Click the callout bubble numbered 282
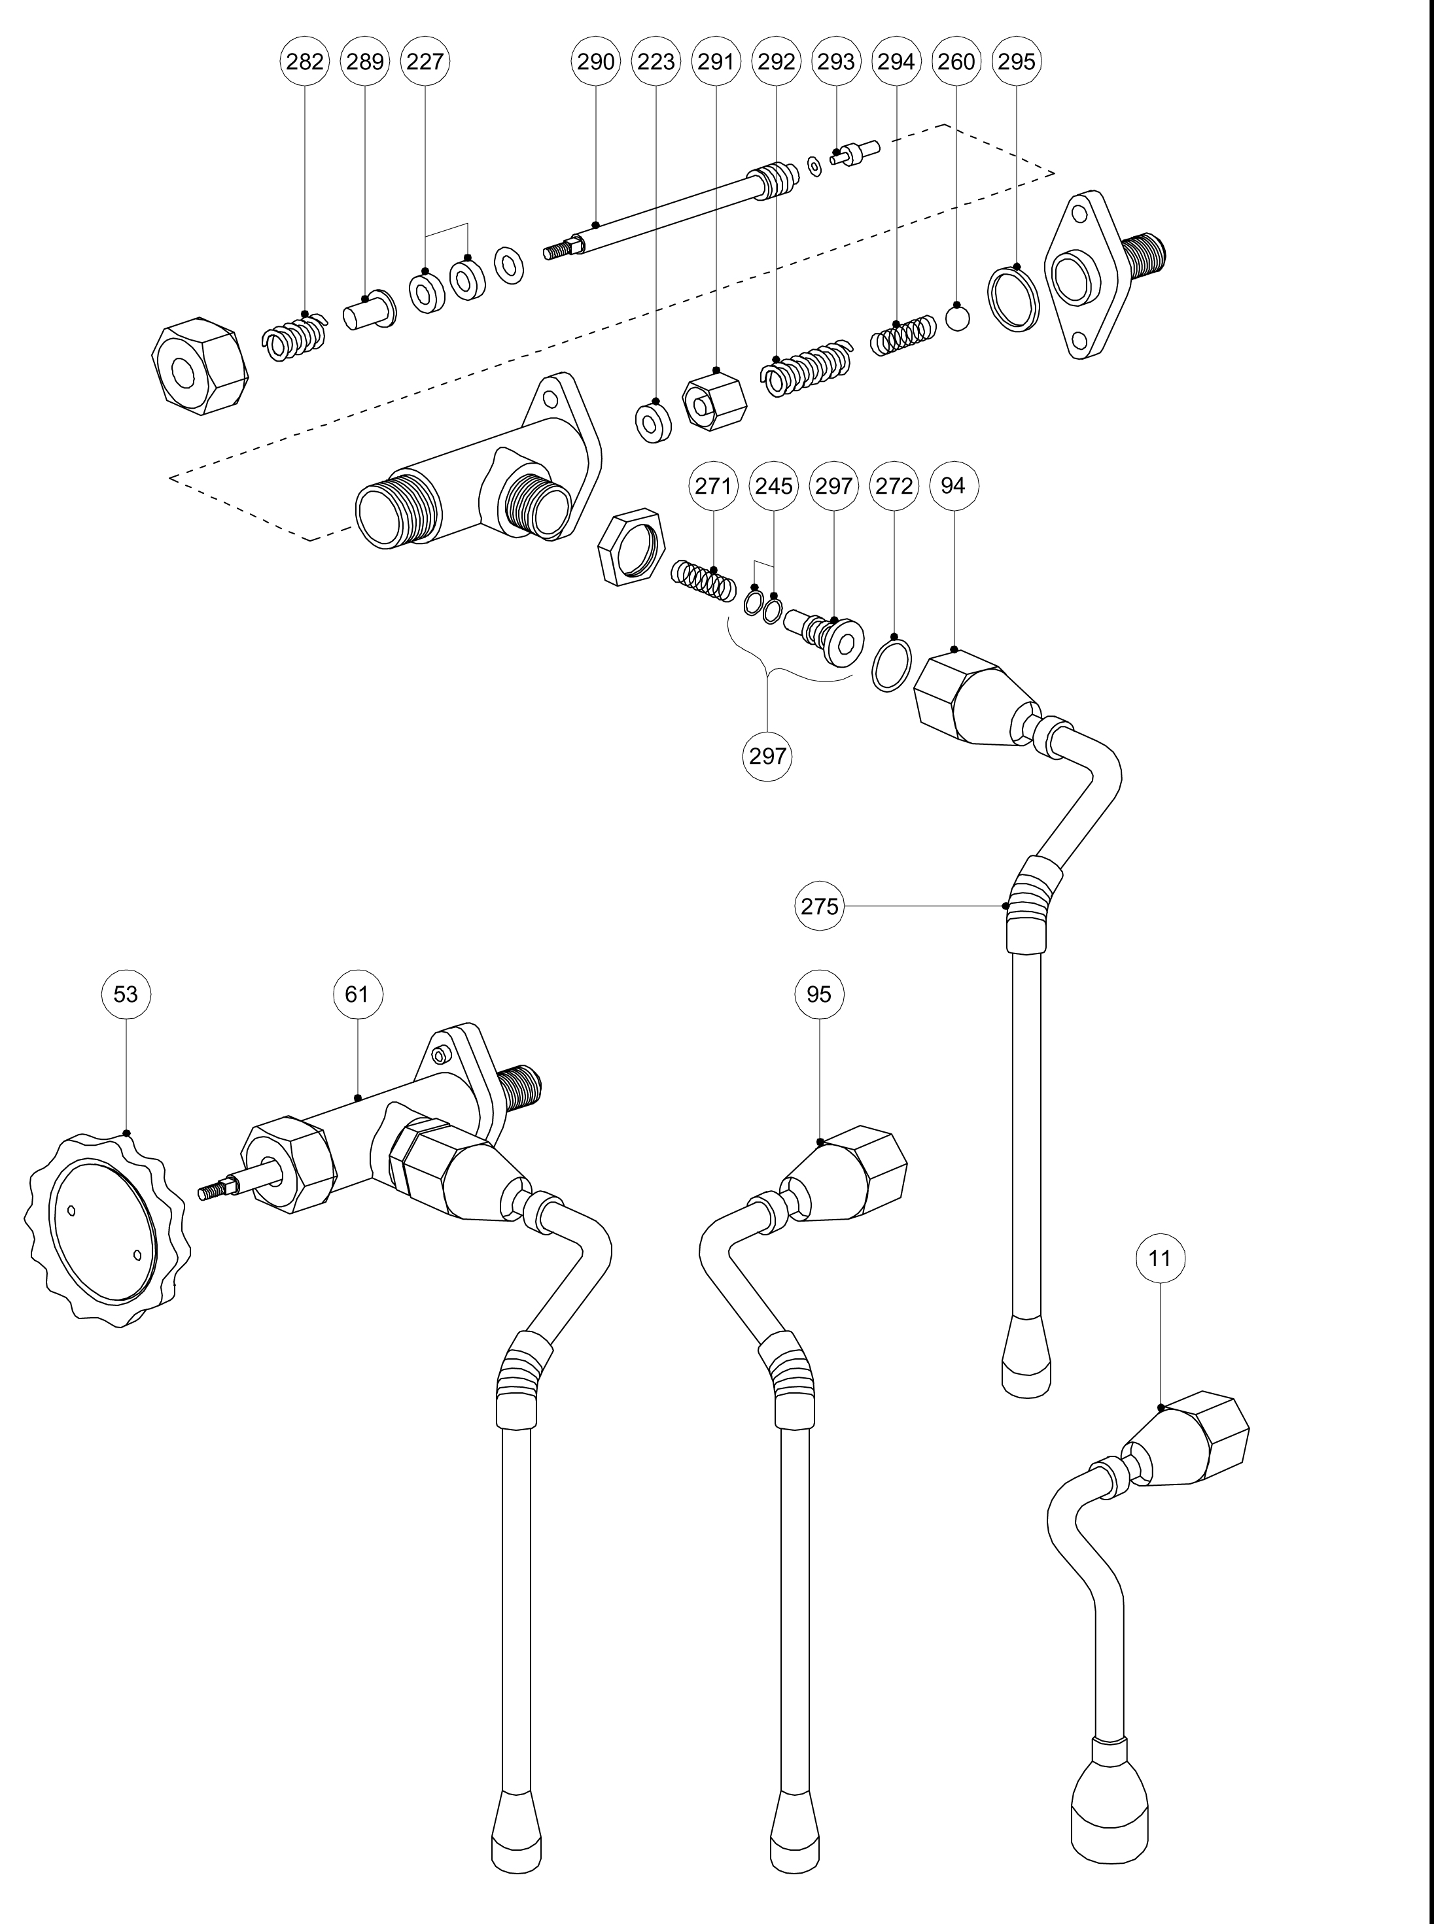(x=305, y=61)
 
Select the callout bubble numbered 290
(x=595, y=61)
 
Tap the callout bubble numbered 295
(x=1017, y=61)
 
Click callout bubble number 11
(x=1160, y=1258)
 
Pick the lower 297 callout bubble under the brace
(x=767, y=756)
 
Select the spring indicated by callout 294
(x=903, y=336)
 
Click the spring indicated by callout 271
(x=703, y=581)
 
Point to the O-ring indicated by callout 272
(x=892, y=664)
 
